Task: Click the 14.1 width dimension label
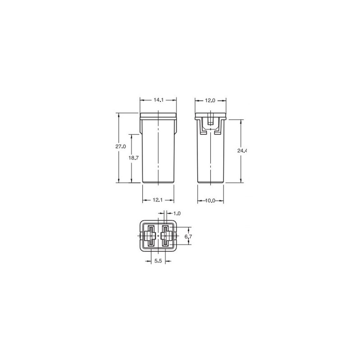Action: tap(159, 100)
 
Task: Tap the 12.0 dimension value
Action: tap(210, 100)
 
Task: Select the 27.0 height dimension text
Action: tap(121, 147)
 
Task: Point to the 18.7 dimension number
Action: tap(133, 158)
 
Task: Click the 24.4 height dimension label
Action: tap(242, 150)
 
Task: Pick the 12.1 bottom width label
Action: tap(158, 200)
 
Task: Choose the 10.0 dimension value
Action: tap(210, 201)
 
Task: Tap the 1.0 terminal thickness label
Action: tap(177, 213)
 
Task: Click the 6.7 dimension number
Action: tap(188, 237)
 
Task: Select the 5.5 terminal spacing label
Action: tap(158, 261)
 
